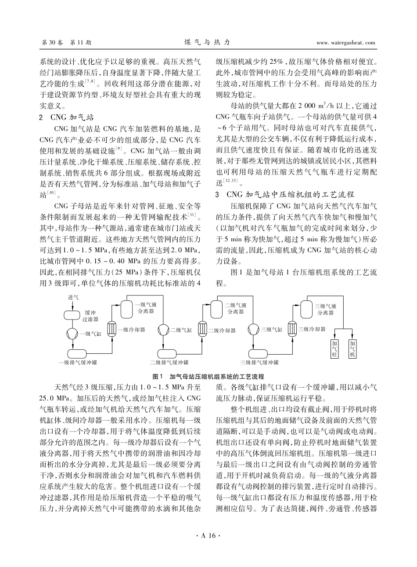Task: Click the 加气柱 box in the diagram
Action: coord(335,349)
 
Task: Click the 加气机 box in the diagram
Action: coord(352,349)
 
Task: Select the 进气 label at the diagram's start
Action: coord(73,298)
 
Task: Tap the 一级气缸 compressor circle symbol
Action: coord(72,333)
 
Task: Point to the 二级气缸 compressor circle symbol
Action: coord(164,330)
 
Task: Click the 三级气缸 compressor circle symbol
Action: coord(254,330)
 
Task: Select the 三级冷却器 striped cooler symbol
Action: coord(292,329)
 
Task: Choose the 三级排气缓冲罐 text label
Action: coord(259,363)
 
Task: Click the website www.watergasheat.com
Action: coord(345,43)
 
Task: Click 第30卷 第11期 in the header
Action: coord(66,43)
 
